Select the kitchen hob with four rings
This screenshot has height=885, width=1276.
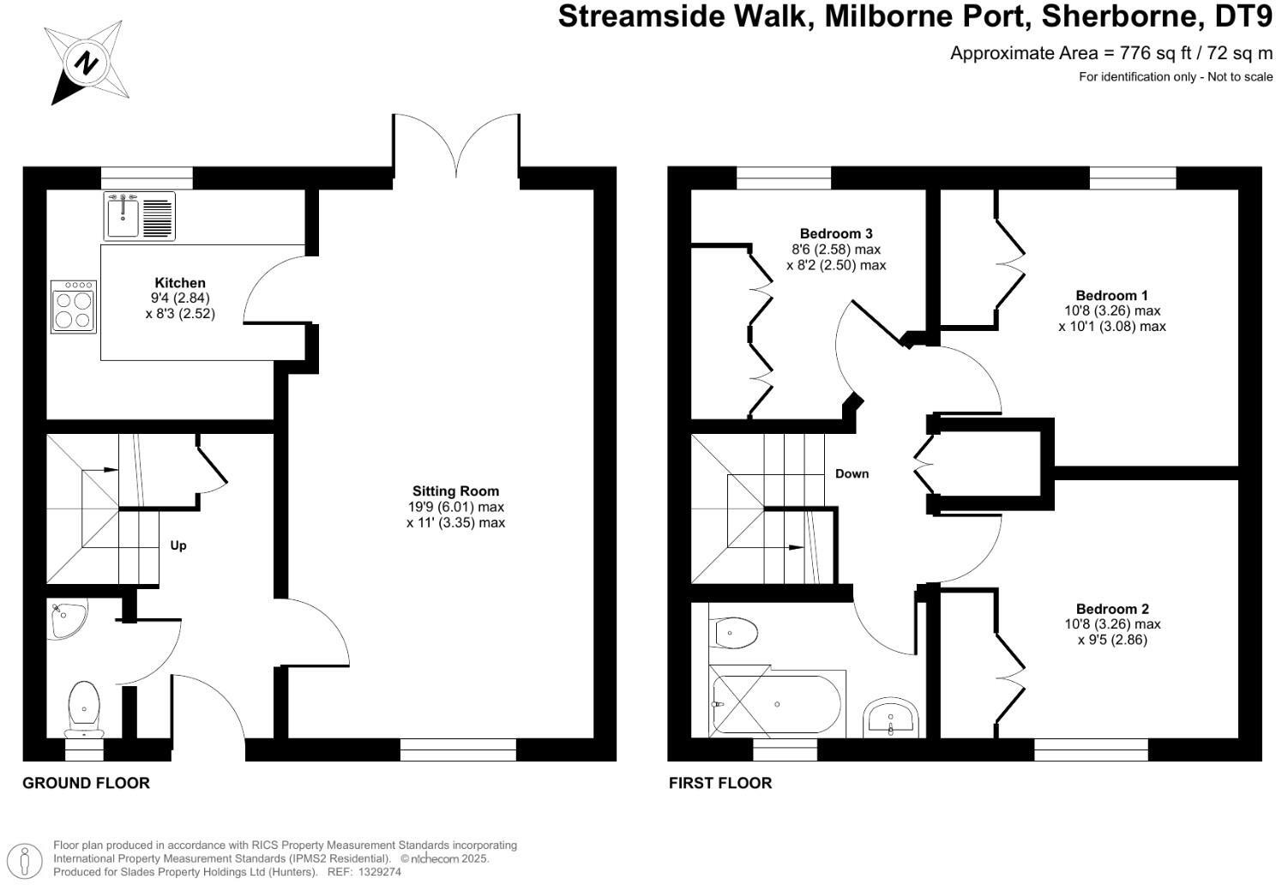(74, 307)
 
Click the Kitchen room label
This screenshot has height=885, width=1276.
(180, 283)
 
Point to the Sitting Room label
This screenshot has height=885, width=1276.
(455, 491)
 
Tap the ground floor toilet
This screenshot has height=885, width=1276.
(84, 707)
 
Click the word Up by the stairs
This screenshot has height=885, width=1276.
(178, 545)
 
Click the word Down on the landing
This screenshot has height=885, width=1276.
(852, 473)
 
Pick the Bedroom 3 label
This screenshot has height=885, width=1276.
(835, 233)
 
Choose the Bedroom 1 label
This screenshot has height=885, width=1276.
(1111, 296)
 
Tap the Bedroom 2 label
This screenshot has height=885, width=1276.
(1112, 609)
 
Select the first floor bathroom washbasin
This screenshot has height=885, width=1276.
(892, 717)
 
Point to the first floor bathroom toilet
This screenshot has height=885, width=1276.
(734, 634)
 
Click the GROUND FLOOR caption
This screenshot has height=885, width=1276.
(86, 783)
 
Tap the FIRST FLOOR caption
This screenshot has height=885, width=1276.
(720, 783)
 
